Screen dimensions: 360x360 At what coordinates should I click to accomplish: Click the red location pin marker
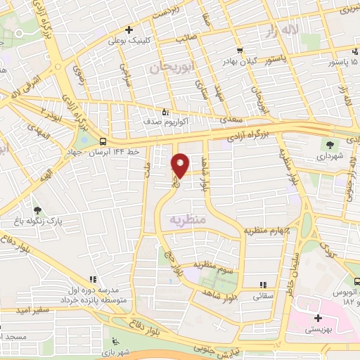click(x=180, y=165)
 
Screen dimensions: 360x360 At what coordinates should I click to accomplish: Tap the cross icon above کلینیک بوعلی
click(x=129, y=30)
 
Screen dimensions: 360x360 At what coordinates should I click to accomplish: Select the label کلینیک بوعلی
click(x=127, y=40)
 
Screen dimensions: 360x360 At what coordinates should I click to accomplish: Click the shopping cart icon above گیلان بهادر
click(x=240, y=51)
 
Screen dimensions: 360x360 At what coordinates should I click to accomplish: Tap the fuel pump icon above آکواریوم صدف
click(x=165, y=111)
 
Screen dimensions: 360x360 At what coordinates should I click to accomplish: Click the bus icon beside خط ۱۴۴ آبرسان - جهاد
click(x=103, y=141)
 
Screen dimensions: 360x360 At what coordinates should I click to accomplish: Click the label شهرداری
click(x=328, y=156)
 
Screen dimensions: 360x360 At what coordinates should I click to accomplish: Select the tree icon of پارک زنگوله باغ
click(x=37, y=210)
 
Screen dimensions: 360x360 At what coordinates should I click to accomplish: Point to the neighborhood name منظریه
click(x=186, y=220)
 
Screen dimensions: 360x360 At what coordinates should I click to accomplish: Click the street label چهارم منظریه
click(x=267, y=230)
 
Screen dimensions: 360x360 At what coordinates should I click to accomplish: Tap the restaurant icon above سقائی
click(x=263, y=285)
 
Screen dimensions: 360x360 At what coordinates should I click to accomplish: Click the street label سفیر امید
click(x=15, y=310)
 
